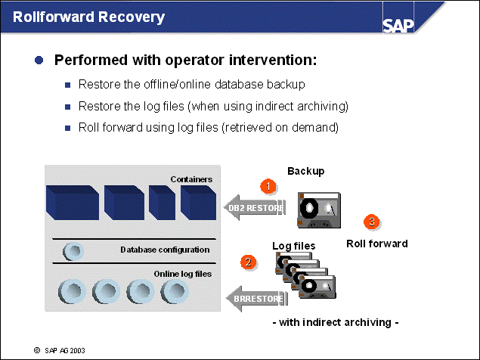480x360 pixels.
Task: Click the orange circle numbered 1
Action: click(x=265, y=185)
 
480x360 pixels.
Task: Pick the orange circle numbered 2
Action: click(x=247, y=262)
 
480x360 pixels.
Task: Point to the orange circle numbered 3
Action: click(x=371, y=222)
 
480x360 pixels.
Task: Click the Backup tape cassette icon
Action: click(x=317, y=209)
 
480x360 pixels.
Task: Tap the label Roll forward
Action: click(x=376, y=244)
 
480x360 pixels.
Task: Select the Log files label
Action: click(x=294, y=246)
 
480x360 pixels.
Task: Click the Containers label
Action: click(x=191, y=179)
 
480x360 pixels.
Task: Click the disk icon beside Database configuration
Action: click(x=73, y=250)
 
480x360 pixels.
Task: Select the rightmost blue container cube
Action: click(x=198, y=203)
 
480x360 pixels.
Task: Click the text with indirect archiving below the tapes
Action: click(x=335, y=322)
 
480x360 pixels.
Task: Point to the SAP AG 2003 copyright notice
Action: click(x=60, y=351)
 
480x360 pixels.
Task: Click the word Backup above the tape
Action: click(x=305, y=171)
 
